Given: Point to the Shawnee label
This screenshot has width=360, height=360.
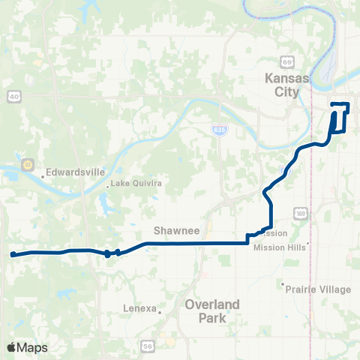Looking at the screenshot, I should click(x=176, y=232).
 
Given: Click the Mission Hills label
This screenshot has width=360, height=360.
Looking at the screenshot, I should click(x=281, y=247).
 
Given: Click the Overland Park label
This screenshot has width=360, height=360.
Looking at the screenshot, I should click(x=213, y=310).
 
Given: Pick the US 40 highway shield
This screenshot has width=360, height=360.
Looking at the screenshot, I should click(x=13, y=96).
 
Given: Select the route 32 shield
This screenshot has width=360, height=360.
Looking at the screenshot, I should click(x=27, y=163).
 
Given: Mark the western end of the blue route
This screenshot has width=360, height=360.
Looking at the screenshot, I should click(x=13, y=255).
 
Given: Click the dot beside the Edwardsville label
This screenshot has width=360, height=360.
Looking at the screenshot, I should click(x=43, y=176).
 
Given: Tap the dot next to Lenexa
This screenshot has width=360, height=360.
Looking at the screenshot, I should click(x=160, y=308).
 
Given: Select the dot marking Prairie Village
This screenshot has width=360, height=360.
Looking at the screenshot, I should click(x=283, y=285).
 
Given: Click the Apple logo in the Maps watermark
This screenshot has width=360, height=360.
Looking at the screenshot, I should click(x=12, y=347).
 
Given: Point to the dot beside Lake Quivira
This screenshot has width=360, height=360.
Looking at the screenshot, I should click(x=109, y=184).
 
